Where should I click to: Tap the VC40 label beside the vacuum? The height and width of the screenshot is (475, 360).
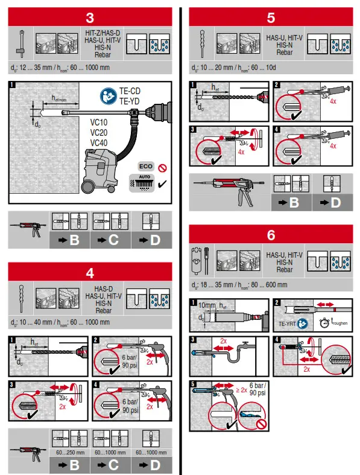click(99, 143)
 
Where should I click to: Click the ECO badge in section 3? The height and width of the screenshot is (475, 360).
click(145, 165)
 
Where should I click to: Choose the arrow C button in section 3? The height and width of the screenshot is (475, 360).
click(111, 240)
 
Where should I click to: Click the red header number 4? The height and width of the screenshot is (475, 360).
click(89, 272)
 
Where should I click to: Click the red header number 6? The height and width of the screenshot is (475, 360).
click(271, 235)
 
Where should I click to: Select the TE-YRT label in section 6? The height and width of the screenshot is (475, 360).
click(287, 323)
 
